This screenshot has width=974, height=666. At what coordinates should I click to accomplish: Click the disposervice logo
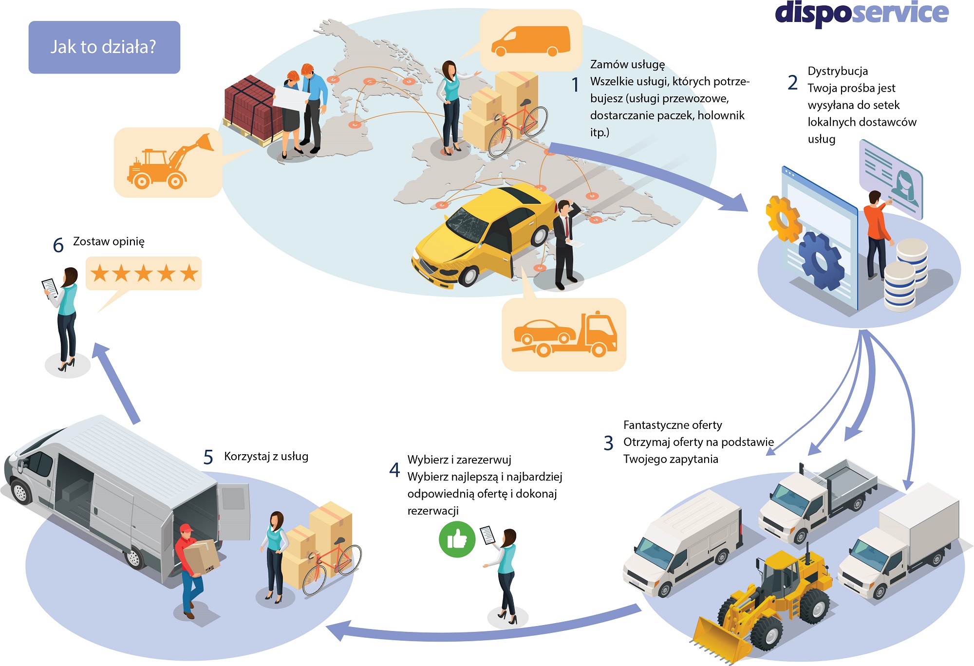point(861,13)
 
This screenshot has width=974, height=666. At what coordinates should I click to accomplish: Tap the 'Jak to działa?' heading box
point(104,47)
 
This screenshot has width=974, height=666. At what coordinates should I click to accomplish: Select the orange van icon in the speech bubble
point(531,41)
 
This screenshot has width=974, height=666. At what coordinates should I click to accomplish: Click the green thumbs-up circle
point(457,539)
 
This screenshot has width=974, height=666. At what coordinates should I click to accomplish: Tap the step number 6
point(58,245)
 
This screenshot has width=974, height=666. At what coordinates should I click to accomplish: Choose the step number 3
point(608,443)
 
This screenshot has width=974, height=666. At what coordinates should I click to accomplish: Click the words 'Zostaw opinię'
point(109,241)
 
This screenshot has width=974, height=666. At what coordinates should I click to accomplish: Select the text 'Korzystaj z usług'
point(266,456)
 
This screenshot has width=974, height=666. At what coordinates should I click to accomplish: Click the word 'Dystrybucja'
point(838,71)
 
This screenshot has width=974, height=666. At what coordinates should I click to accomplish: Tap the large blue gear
point(821,260)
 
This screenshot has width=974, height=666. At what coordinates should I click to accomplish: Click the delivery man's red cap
point(186,528)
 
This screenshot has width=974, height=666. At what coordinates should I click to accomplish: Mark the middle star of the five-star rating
point(144,274)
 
